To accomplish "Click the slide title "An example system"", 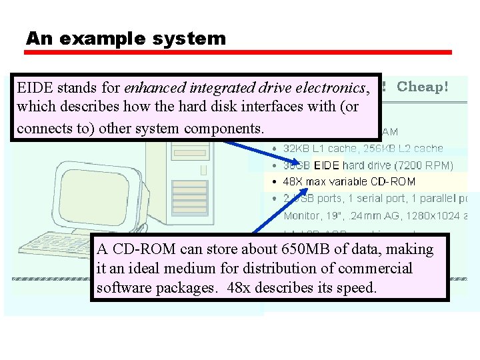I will tap(126, 39).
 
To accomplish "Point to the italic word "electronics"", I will tap(333, 88).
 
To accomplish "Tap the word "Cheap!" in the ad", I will tap(423, 87).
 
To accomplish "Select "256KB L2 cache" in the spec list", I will tap(406, 149).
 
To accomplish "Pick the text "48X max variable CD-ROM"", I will tap(349, 181).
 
